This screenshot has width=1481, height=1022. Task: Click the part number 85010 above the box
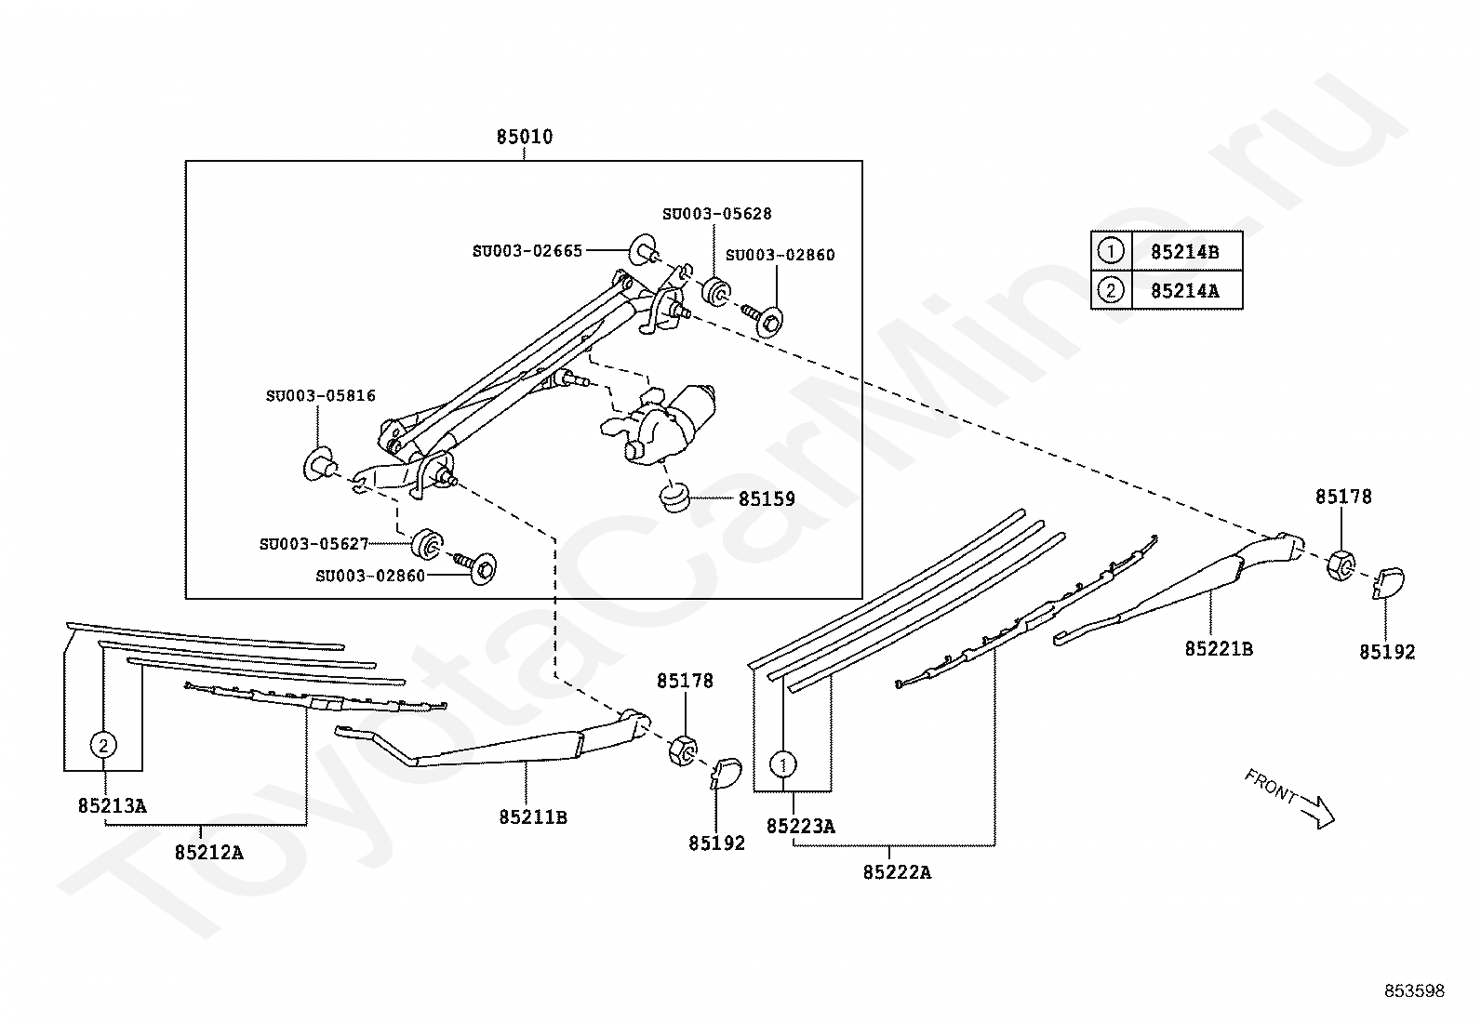(x=525, y=137)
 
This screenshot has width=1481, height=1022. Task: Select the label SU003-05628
(x=716, y=214)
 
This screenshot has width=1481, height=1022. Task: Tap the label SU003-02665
(x=527, y=251)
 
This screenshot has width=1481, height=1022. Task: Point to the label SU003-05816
(x=321, y=396)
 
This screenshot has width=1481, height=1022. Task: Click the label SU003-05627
(x=314, y=544)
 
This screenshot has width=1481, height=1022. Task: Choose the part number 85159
(x=767, y=499)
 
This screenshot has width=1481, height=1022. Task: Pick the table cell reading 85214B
(x=1185, y=252)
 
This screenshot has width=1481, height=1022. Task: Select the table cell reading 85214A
(x=1185, y=291)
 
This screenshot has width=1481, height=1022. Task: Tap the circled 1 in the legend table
(x=1111, y=251)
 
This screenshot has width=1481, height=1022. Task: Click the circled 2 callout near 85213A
(x=103, y=746)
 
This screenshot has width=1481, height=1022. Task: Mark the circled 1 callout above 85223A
(x=782, y=764)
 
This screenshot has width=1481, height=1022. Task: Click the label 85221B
(x=1219, y=649)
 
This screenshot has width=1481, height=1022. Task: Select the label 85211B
(x=533, y=817)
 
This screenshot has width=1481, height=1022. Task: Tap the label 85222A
(x=897, y=872)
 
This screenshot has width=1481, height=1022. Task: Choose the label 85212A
(x=209, y=853)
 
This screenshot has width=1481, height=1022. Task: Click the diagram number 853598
(x=1414, y=991)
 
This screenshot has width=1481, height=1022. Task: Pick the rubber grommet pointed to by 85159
(x=675, y=498)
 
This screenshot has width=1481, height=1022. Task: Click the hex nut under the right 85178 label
(x=1341, y=565)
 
